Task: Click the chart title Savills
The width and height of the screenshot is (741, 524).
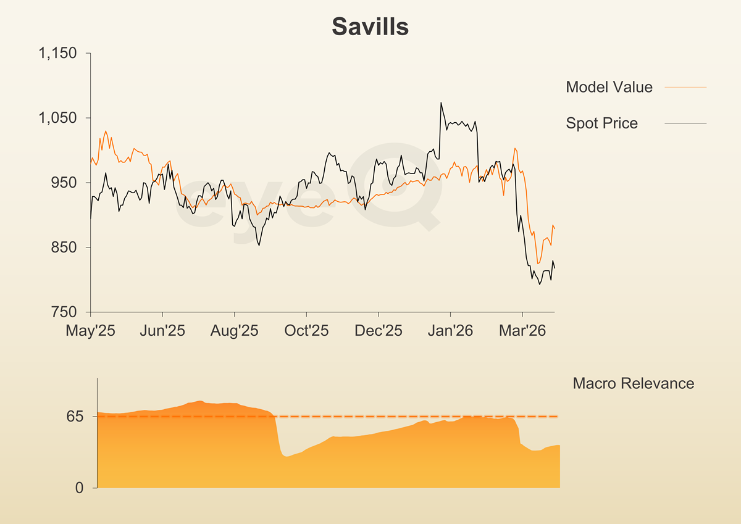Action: point(370,27)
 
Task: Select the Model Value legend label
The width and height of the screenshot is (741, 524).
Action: point(609,87)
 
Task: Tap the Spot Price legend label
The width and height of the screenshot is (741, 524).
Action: point(601,123)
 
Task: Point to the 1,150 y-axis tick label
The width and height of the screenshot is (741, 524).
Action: point(57,53)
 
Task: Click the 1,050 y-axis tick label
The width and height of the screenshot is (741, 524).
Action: point(57,118)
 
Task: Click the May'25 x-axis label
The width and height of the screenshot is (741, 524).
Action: point(91,331)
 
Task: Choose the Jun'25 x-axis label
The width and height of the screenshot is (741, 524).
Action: point(162,331)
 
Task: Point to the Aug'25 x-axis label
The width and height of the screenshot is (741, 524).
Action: point(235,331)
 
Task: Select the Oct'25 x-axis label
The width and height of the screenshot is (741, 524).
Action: point(306,331)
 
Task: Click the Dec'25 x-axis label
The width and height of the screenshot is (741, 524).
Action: point(379,331)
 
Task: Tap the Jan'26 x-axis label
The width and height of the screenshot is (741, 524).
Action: point(450,331)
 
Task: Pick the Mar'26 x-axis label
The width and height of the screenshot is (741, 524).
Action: point(522,331)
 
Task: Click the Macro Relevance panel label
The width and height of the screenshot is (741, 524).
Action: point(633,383)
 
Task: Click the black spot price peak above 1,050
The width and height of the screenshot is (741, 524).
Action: point(441,103)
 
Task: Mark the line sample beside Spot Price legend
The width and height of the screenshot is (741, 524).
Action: point(685,124)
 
